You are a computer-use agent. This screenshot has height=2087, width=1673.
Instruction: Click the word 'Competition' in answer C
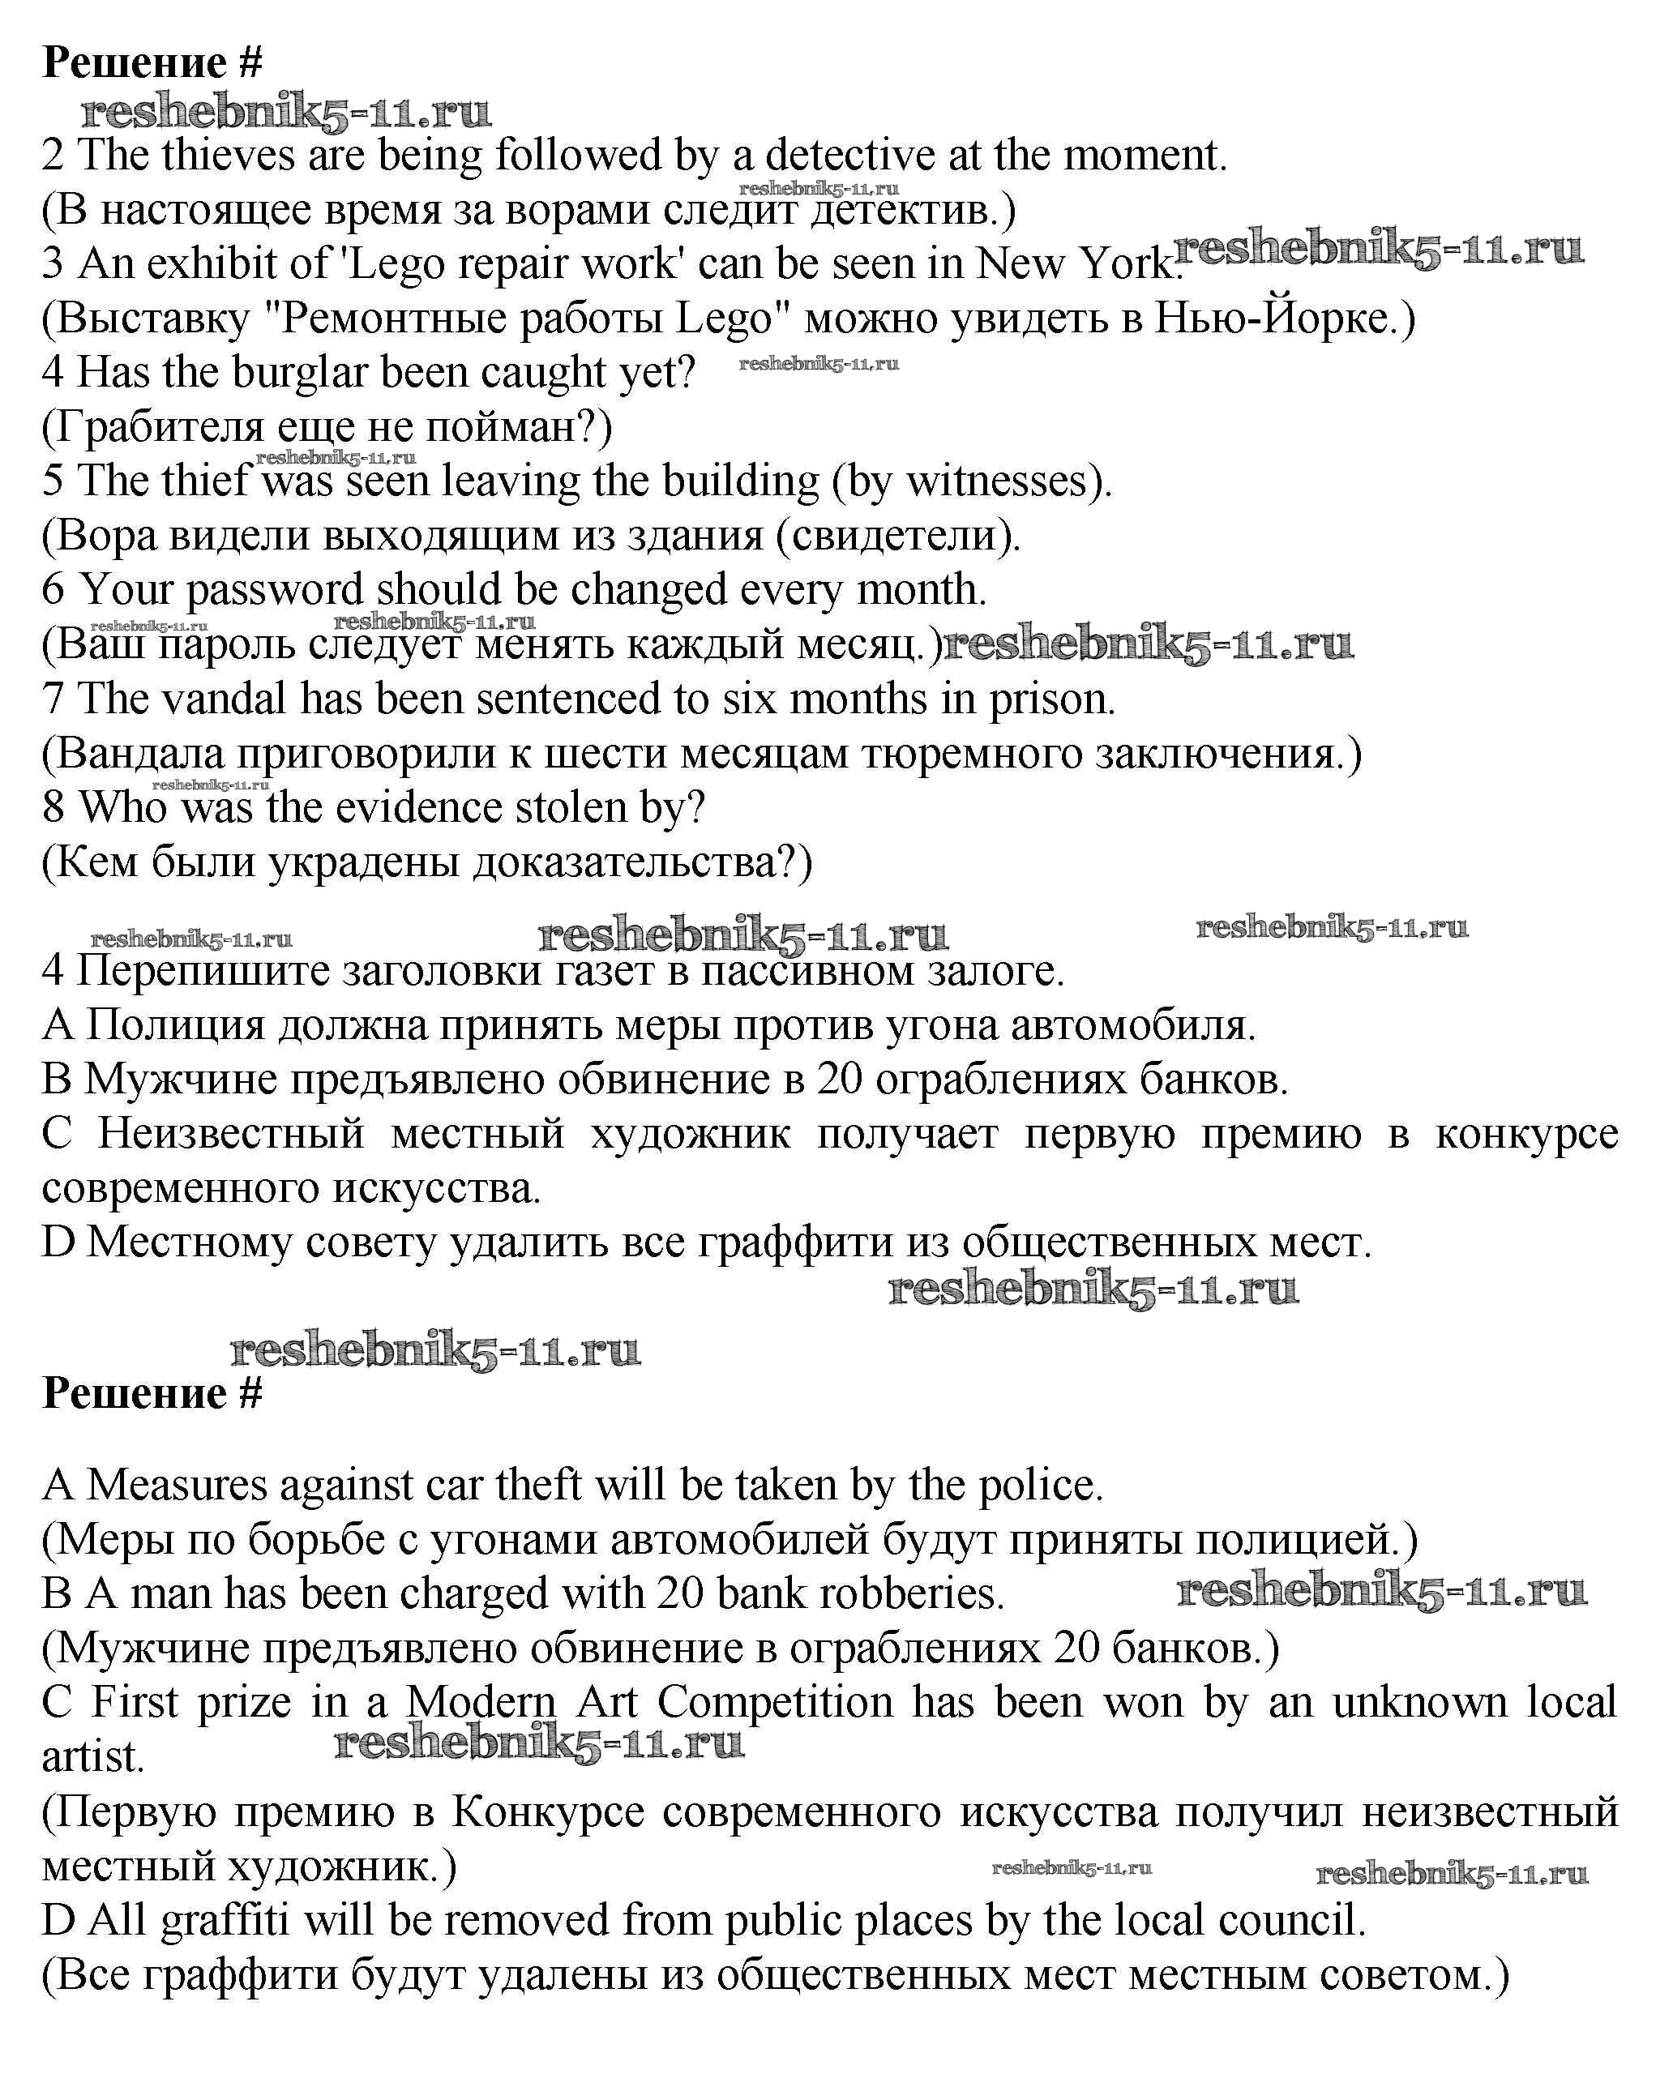[775, 1702]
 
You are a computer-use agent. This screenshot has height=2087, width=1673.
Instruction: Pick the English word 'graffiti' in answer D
[225, 1919]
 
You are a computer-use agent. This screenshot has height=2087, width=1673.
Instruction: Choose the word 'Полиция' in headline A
[174, 1025]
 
